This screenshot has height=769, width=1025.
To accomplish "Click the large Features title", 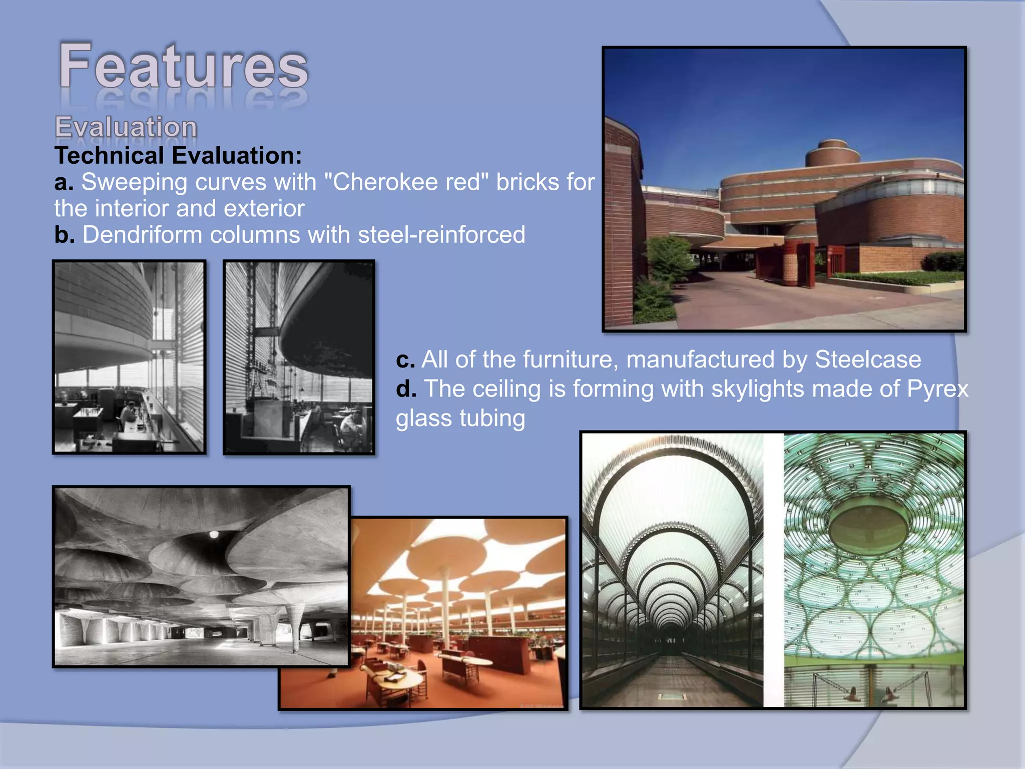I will coord(183,67).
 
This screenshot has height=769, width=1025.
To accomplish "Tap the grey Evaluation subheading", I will coord(126,127).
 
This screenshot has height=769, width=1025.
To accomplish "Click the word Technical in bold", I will coord(106,156).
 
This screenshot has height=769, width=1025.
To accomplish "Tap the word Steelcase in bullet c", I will coord(867,359).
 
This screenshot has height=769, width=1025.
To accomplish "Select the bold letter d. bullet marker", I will coord(406,389).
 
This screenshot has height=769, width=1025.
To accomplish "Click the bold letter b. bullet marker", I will coord(64,235).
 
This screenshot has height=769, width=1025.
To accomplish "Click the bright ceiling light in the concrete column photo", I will coord(214,534).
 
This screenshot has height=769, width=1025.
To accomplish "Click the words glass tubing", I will coord(460,419).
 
